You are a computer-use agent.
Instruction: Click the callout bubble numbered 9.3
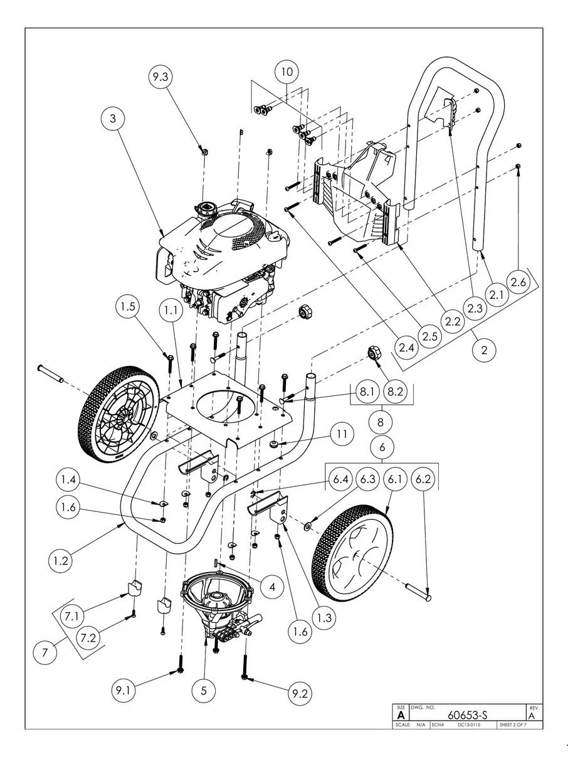point(160,77)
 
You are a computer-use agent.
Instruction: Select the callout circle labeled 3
point(113,118)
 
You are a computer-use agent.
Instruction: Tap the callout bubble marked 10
point(286,72)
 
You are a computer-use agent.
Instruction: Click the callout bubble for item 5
point(204,691)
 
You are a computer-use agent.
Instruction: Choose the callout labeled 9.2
point(300,694)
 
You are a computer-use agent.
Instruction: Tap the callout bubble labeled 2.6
point(518,283)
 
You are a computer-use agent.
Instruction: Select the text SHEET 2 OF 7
point(512,725)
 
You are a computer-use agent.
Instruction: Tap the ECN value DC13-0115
point(468,725)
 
